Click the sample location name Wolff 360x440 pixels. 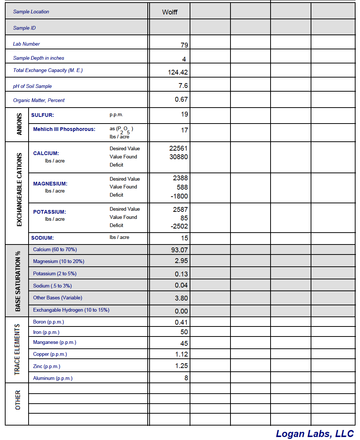tap(170, 12)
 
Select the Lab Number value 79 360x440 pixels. tap(184, 45)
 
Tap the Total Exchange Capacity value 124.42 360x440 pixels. tap(178, 72)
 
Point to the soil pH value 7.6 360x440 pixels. tap(183, 86)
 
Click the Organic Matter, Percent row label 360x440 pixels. tap(39, 100)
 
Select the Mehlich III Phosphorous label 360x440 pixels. tap(64, 129)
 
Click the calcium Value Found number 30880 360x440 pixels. tap(179, 157)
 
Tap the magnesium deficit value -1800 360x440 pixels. tap(179, 196)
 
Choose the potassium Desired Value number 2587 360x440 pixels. tap(180, 210)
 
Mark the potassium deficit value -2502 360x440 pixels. tap(179, 226)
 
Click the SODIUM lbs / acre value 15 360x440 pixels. tap(184, 238)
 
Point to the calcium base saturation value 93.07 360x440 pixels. tap(179, 250)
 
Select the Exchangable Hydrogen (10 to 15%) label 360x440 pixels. tap(71, 310)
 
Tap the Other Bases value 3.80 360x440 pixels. tap(181, 298)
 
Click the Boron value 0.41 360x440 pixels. tap(181, 322)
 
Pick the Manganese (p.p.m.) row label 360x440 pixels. tap(55, 342)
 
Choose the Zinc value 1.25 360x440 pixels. tap(181, 366)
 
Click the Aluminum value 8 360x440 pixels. tap(186, 378)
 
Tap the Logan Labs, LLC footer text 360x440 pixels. tap(315, 433)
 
